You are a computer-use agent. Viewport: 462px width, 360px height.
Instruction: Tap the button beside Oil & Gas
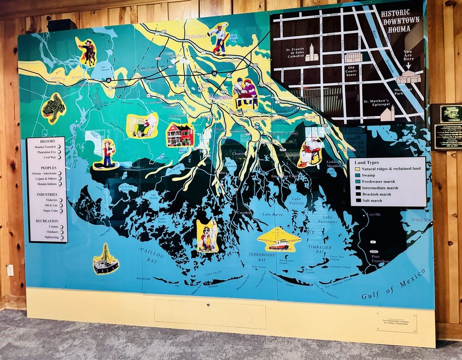click(x=61, y=205)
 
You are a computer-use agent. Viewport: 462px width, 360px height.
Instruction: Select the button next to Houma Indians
click(x=60, y=184)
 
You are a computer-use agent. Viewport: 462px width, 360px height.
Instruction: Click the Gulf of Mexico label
click(x=393, y=284)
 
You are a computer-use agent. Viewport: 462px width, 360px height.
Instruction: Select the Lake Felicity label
click(x=297, y=201)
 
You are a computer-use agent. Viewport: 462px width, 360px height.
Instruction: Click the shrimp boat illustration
click(x=279, y=240)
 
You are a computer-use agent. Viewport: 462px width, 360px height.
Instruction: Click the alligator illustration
click(x=53, y=108)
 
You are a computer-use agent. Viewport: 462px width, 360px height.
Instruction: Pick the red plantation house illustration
click(x=180, y=135)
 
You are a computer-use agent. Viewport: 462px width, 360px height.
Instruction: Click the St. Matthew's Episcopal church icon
click(x=387, y=114)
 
